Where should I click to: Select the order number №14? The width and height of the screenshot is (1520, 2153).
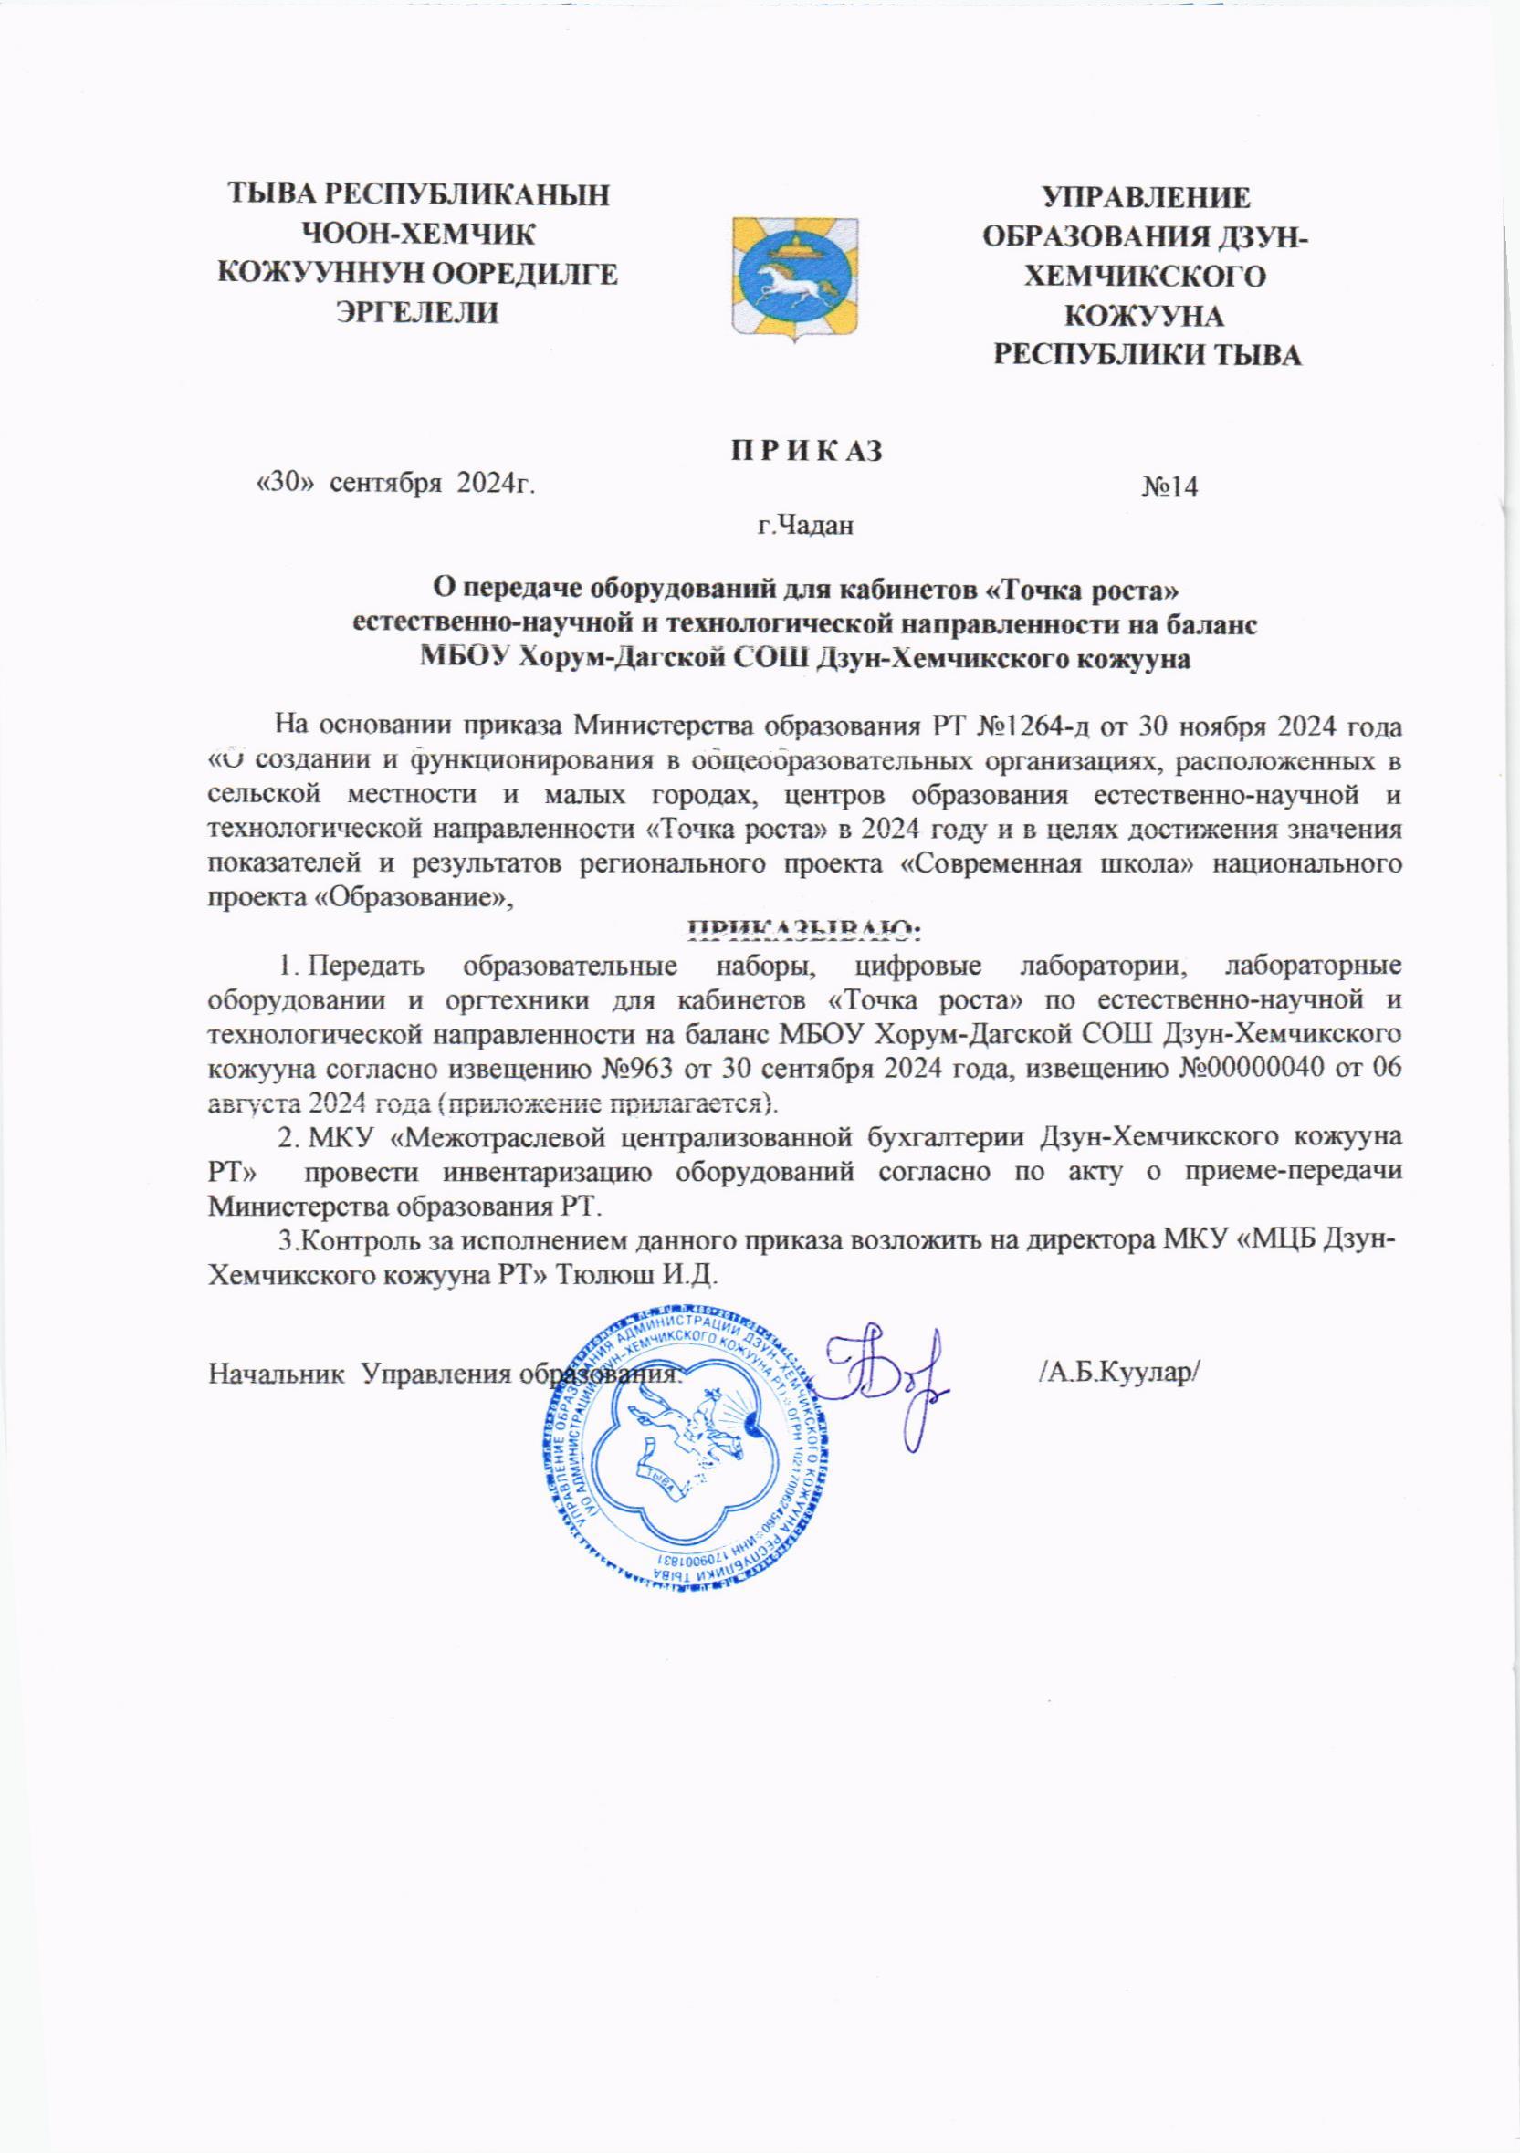coord(1170,487)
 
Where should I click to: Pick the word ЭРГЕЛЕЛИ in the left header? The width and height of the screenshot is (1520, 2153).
coord(417,311)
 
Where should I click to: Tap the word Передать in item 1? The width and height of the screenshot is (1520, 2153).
coord(369,967)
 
